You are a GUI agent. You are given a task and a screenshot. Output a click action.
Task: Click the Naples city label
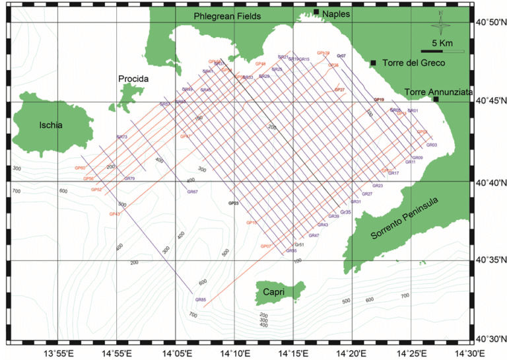click(336, 13)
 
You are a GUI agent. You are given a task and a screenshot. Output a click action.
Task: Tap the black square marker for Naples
click(316, 12)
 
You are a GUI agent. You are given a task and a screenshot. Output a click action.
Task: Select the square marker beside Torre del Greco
click(373, 63)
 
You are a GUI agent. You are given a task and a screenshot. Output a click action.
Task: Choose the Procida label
click(135, 79)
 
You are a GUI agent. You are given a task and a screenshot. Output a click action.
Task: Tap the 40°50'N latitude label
click(490, 22)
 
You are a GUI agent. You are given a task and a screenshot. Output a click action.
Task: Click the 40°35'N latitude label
click(490, 260)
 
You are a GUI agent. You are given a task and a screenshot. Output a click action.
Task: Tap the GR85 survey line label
click(201, 300)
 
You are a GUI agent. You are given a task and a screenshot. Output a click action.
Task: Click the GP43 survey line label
click(114, 214)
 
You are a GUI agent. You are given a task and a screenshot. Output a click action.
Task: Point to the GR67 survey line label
click(193, 192)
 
